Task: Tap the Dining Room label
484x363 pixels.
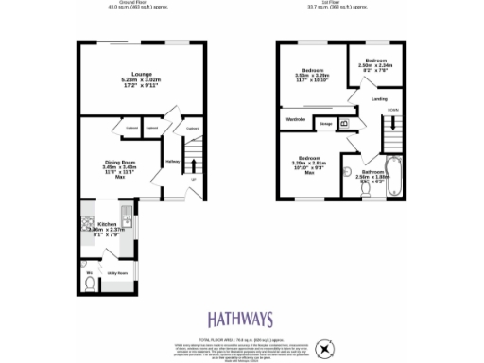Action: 120,163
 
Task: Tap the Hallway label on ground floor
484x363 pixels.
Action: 172,161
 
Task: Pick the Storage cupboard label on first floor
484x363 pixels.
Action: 324,123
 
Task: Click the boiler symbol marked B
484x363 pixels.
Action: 344,123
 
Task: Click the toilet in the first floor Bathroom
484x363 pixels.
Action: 366,186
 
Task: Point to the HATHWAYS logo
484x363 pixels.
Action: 241,319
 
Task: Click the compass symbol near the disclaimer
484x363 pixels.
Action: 326,349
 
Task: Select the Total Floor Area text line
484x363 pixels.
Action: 241,337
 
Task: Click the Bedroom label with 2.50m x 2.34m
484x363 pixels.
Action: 375,60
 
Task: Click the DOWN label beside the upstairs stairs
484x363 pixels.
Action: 392,112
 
